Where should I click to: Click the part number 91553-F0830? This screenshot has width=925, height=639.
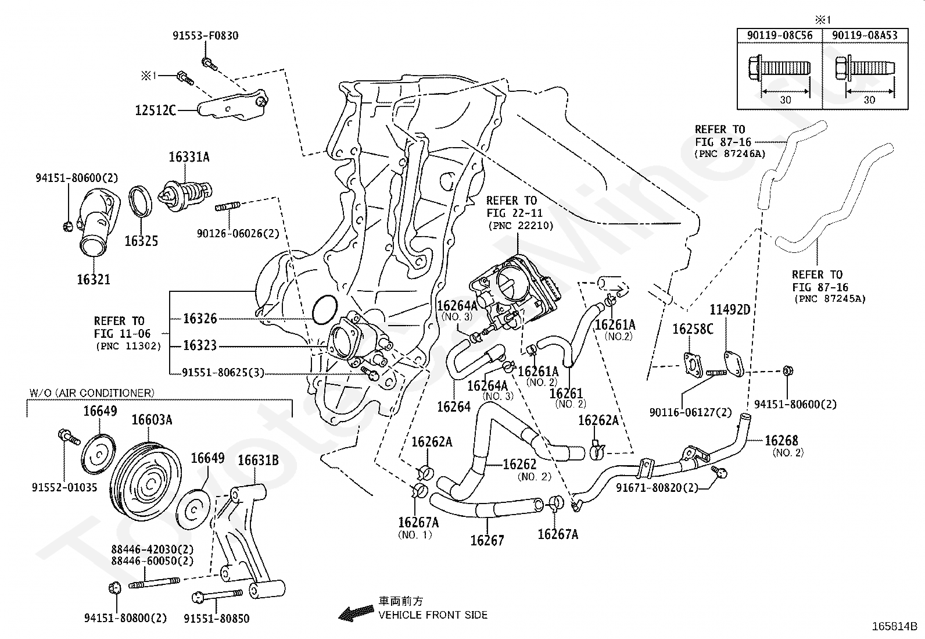click(205, 35)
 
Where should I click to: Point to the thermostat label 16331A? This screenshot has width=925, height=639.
click(189, 157)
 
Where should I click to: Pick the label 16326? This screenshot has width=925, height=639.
click(200, 318)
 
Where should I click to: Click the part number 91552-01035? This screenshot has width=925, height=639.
click(64, 487)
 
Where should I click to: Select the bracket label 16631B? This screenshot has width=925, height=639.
click(258, 460)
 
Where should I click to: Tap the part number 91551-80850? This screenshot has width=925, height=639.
click(217, 618)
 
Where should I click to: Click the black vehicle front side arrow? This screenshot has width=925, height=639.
click(356, 612)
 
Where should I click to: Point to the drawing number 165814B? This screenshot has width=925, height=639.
click(894, 627)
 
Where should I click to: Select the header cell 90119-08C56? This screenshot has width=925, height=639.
click(780, 35)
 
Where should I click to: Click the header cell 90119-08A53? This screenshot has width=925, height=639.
click(865, 35)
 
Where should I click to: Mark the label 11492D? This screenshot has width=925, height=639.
click(729, 309)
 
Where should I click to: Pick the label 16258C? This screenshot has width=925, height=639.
click(693, 329)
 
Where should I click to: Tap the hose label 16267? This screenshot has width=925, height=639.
click(487, 540)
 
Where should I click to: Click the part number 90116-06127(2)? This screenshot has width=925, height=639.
click(691, 412)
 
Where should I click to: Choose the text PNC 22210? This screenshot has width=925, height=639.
click(521, 226)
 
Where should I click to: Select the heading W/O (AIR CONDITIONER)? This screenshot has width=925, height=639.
click(92, 393)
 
